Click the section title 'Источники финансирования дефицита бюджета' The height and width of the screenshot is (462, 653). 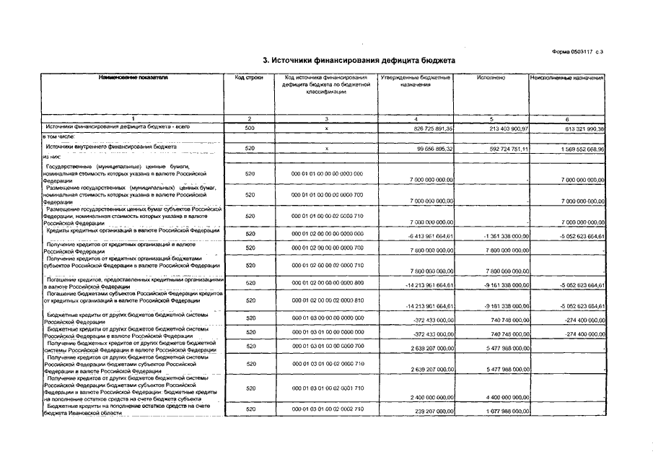tap(359, 61)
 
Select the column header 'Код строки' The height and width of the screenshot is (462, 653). tap(249, 77)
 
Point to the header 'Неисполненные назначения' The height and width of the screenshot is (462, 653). tap(566, 77)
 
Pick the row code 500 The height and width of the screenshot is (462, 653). tap(250, 128)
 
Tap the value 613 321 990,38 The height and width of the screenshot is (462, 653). tap(576, 128)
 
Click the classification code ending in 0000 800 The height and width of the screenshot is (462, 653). tap(327, 283)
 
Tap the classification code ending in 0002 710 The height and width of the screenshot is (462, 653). tap(327, 409)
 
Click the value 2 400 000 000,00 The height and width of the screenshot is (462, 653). tap(421, 397)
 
